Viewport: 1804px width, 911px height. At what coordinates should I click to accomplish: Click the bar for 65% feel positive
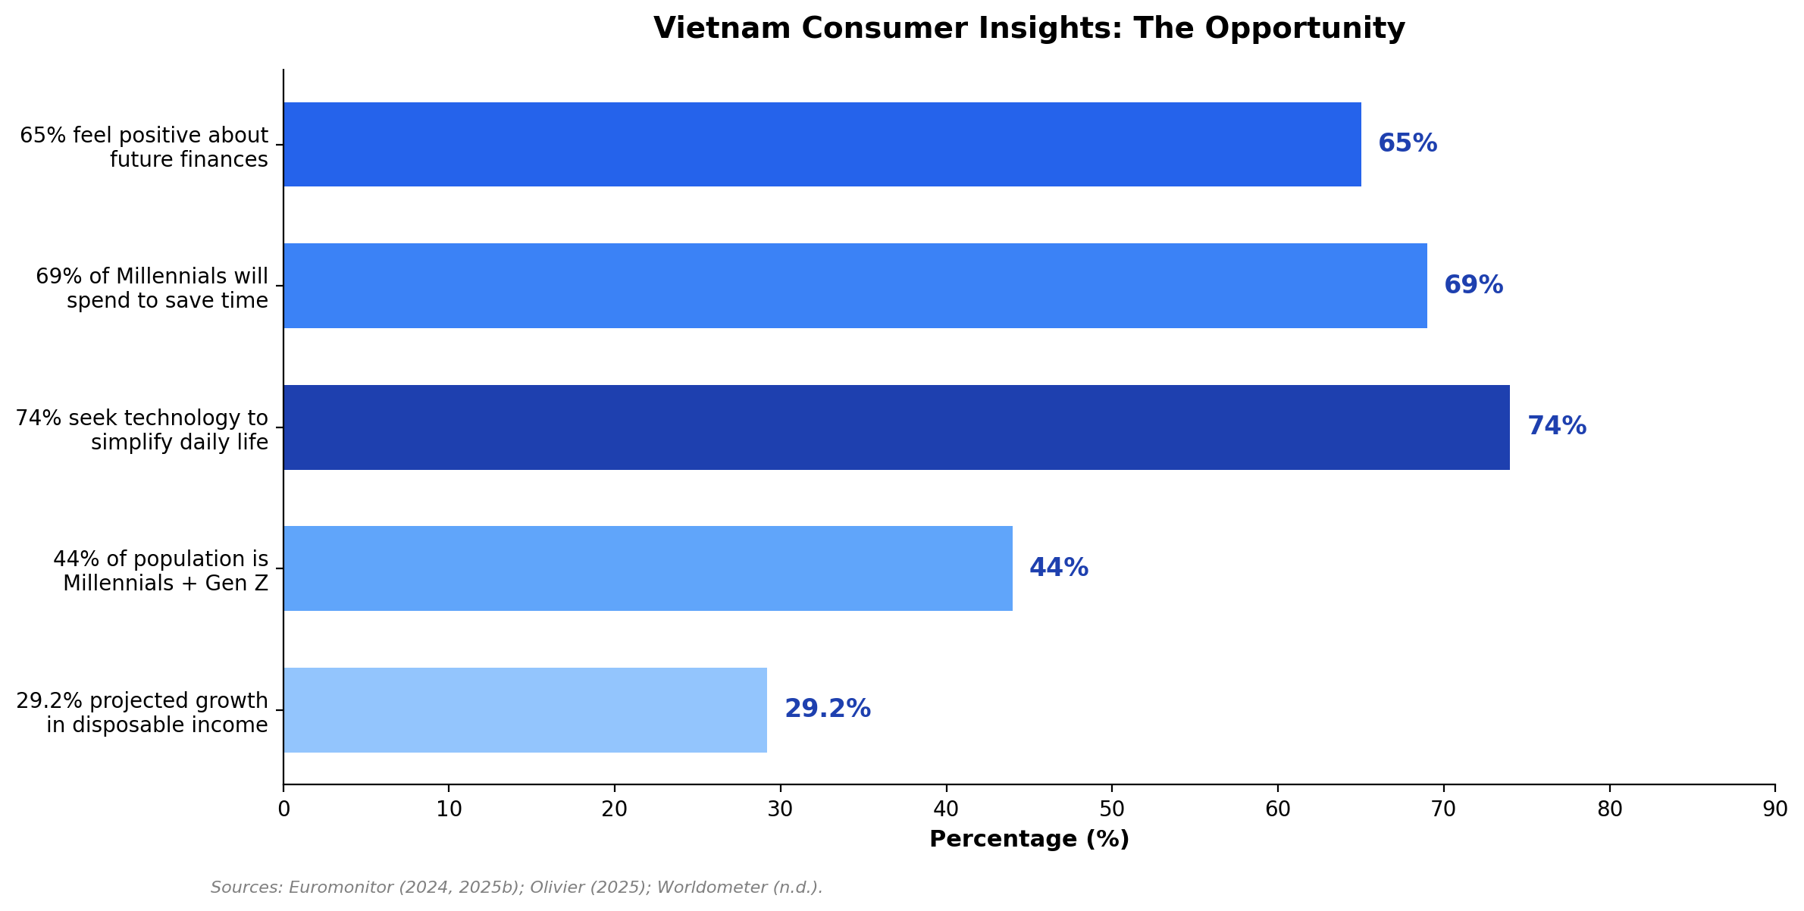[x=822, y=144]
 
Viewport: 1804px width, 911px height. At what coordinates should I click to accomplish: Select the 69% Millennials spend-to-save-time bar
[x=855, y=286]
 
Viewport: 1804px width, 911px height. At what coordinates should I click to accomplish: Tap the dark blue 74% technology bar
[x=896, y=427]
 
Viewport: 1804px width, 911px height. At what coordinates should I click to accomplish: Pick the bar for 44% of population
[x=647, y=568]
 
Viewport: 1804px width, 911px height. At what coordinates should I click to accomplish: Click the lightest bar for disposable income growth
[x=525, y=710]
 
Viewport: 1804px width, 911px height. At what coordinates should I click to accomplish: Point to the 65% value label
[x=1407, y=144]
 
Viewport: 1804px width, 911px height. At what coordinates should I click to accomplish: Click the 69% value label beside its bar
[x=1473, y=286]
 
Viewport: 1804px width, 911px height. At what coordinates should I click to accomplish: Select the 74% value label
[x=1556, y=427]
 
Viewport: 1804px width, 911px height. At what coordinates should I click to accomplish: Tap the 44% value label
[x=1058, y=568]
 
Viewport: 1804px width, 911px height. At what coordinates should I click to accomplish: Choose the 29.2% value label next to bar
[x=827, y=709]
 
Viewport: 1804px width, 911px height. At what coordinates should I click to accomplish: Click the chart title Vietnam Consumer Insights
[x=1029, y=29]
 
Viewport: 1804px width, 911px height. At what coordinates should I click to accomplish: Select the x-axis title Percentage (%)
[x=1029, y=840]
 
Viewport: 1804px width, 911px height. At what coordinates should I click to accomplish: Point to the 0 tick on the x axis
[x=283, y=809]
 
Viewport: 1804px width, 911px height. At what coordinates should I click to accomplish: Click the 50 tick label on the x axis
[x=1111, y=809]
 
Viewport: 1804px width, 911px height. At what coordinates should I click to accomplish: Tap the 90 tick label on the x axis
[x=1774, y=809]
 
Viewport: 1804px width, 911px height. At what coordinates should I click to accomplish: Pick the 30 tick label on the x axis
[x=780, y=809]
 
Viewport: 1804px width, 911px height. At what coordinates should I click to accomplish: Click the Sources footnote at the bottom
[x=516, y=888]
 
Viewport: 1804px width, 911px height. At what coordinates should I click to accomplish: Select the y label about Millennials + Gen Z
[x=161, y=571]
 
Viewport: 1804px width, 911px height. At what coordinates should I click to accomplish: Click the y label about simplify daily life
[x=143, y=430]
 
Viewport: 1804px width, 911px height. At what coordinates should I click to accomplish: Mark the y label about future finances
[x=144, y=147]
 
